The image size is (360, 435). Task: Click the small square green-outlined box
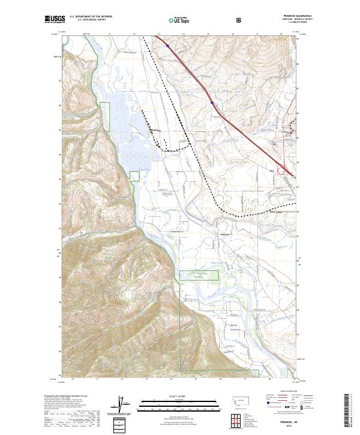(x=134, y=175)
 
